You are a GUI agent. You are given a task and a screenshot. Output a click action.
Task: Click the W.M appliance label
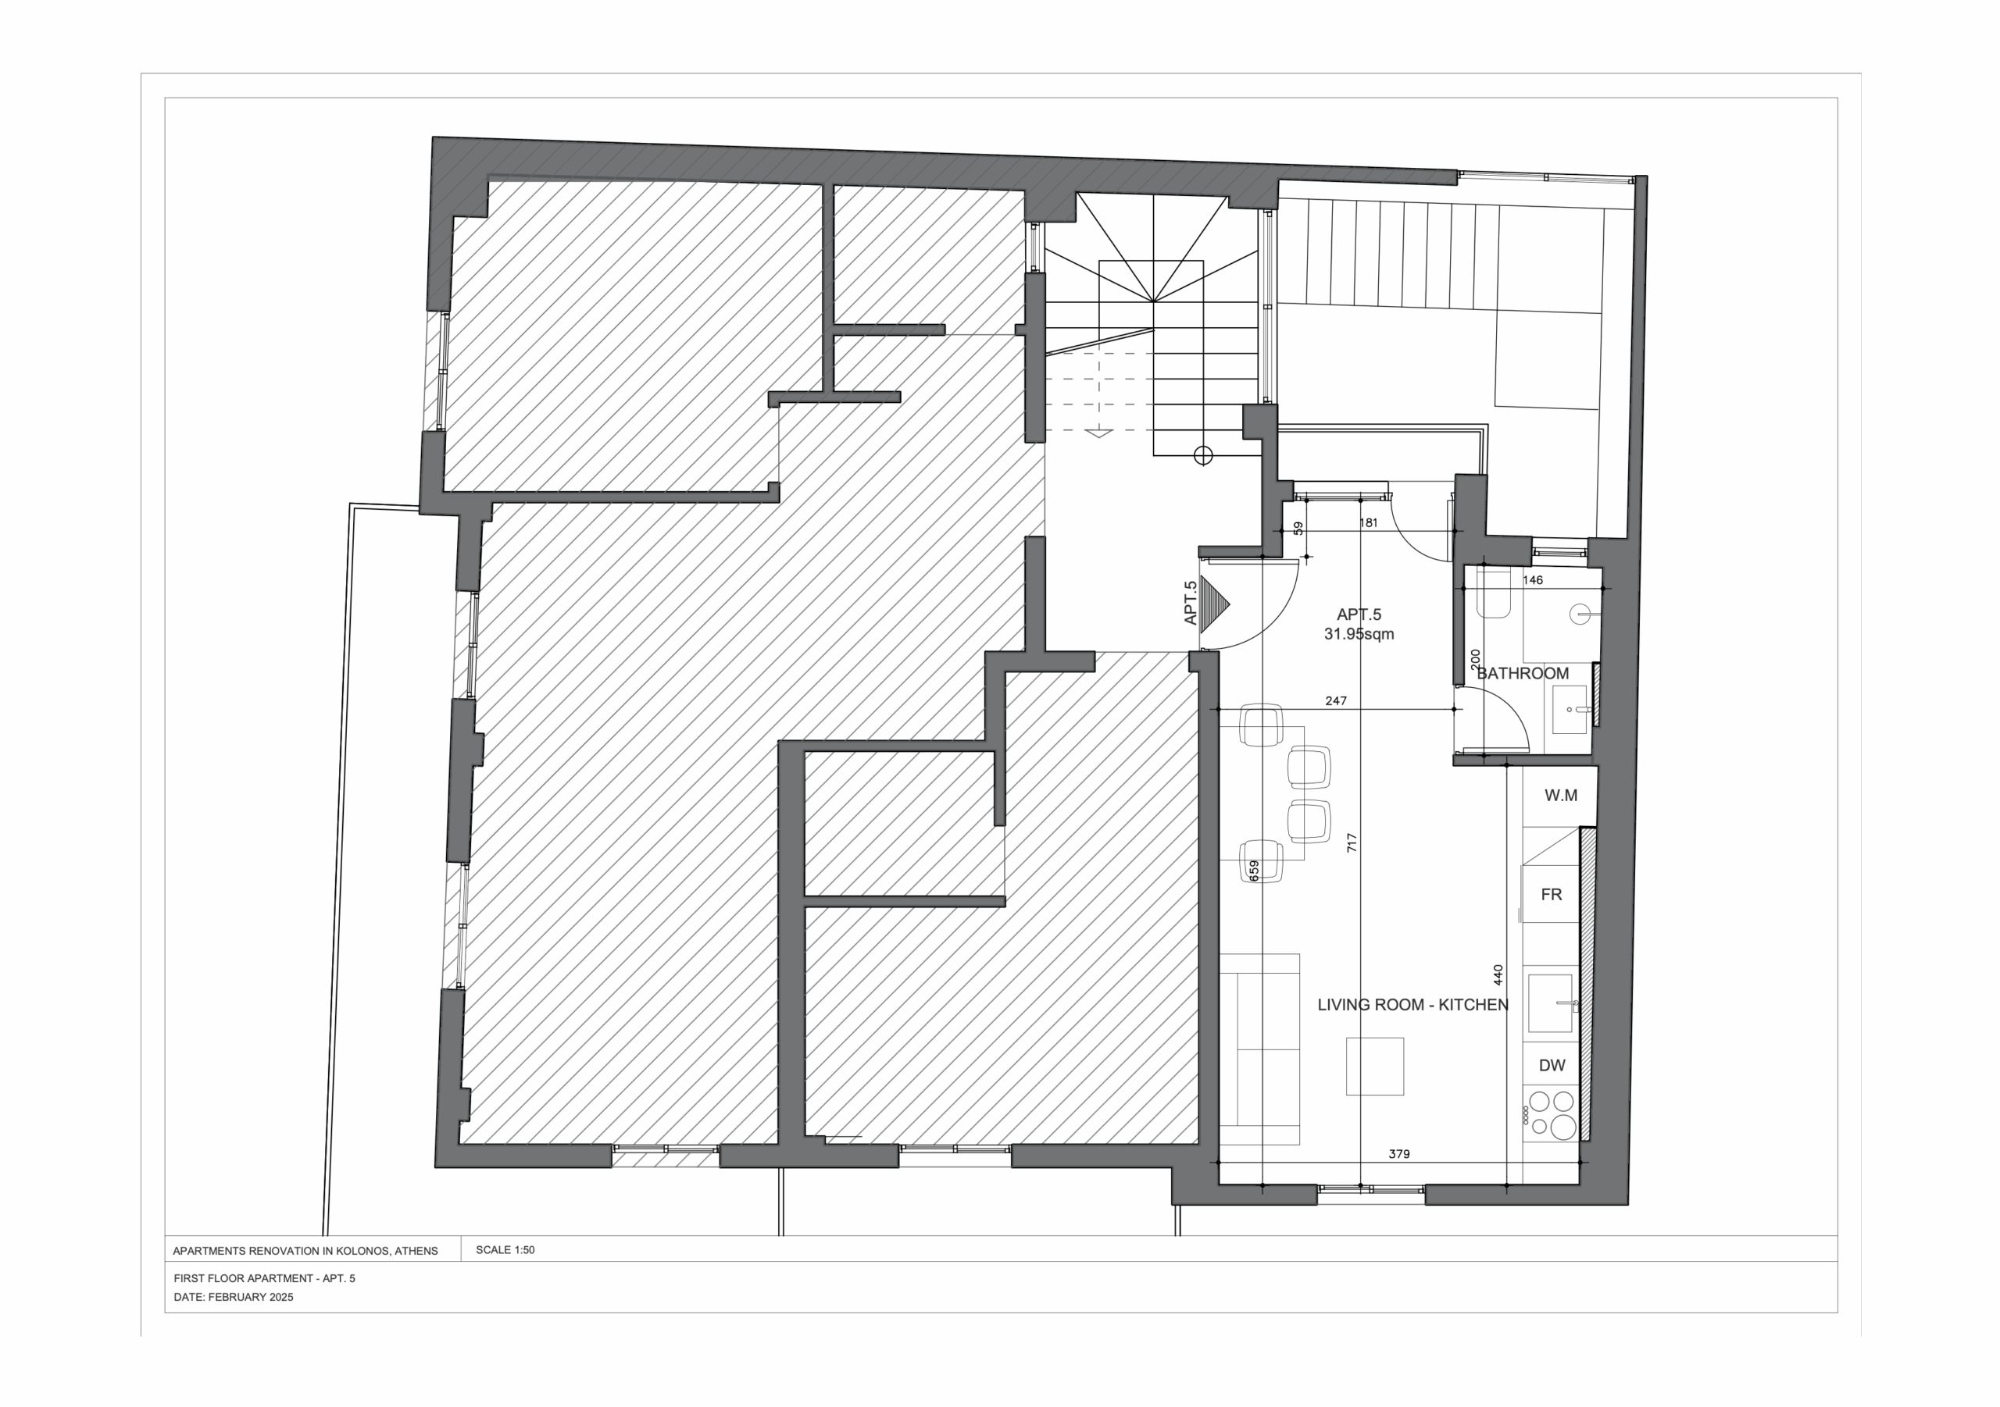pyautogui.click(x=1560, y=795)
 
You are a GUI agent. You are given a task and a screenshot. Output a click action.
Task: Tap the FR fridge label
pyautogui.click(x=1552, y=894)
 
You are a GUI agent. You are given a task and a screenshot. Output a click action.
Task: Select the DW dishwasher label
pyautogui.click(x=1552, y=1065)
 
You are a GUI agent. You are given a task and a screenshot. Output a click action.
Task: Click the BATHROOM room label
pyautogui.click(x=1523, y=673)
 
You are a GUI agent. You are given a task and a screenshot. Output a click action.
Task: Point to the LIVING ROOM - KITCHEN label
pyautogui.click(x=1413, y=1004)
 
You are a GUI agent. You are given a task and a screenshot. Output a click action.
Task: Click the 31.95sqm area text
pyautogui.click(x=1359, y=634)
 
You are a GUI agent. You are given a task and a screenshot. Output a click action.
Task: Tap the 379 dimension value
pyautogui.click(x=1399, y=1154)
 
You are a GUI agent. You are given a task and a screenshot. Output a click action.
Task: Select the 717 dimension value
pyautogui.click(x=1352, y=842)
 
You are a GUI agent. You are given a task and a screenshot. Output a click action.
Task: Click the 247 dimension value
pyautogui.click(x=1336, y=700)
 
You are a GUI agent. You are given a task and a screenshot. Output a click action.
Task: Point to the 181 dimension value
pyautogui.click(x=1369, y=522)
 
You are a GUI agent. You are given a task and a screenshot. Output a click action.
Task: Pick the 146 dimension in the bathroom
pyautogui.click(x=1532, y=580)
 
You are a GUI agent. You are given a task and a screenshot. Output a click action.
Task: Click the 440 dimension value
pyautogui.click(x=1498, y=974)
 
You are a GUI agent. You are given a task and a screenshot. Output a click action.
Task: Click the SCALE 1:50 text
pyautogui.click(x=505, y=1249)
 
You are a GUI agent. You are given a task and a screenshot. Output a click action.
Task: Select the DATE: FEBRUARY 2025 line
pyautogui.click(x=234, y=1296)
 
